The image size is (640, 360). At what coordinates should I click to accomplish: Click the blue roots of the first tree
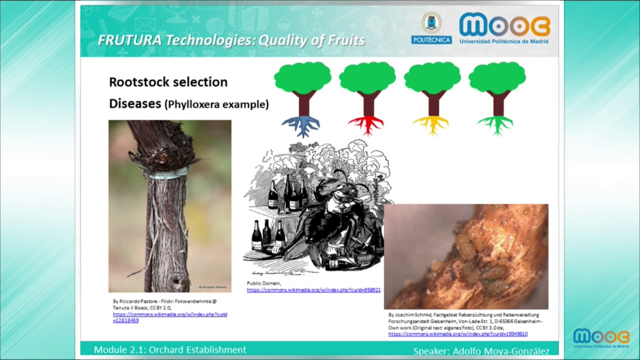point(301,125)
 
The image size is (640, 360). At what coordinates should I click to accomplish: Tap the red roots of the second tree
point(367,124)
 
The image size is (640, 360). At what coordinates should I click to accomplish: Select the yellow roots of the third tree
point(432,124)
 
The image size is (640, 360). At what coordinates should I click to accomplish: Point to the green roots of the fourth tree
point(496,124)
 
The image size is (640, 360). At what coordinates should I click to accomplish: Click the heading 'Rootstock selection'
point(168,82)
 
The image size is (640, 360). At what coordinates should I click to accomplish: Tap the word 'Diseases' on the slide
point(134,103)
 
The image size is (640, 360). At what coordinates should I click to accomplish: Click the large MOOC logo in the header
point(504,27)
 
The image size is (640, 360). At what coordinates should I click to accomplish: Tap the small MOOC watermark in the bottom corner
point(601,338)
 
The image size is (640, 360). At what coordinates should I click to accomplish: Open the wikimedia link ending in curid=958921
point(313,290)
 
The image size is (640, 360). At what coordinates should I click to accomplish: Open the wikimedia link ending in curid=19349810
point(457,333)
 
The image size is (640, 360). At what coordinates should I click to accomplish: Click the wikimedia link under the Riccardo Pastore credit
point(169,317)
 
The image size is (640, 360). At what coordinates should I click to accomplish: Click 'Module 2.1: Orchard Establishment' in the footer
point(170,350)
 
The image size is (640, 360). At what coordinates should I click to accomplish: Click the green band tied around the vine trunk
point(169,173)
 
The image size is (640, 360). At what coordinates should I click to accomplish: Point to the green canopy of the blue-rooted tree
point(302,77)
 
